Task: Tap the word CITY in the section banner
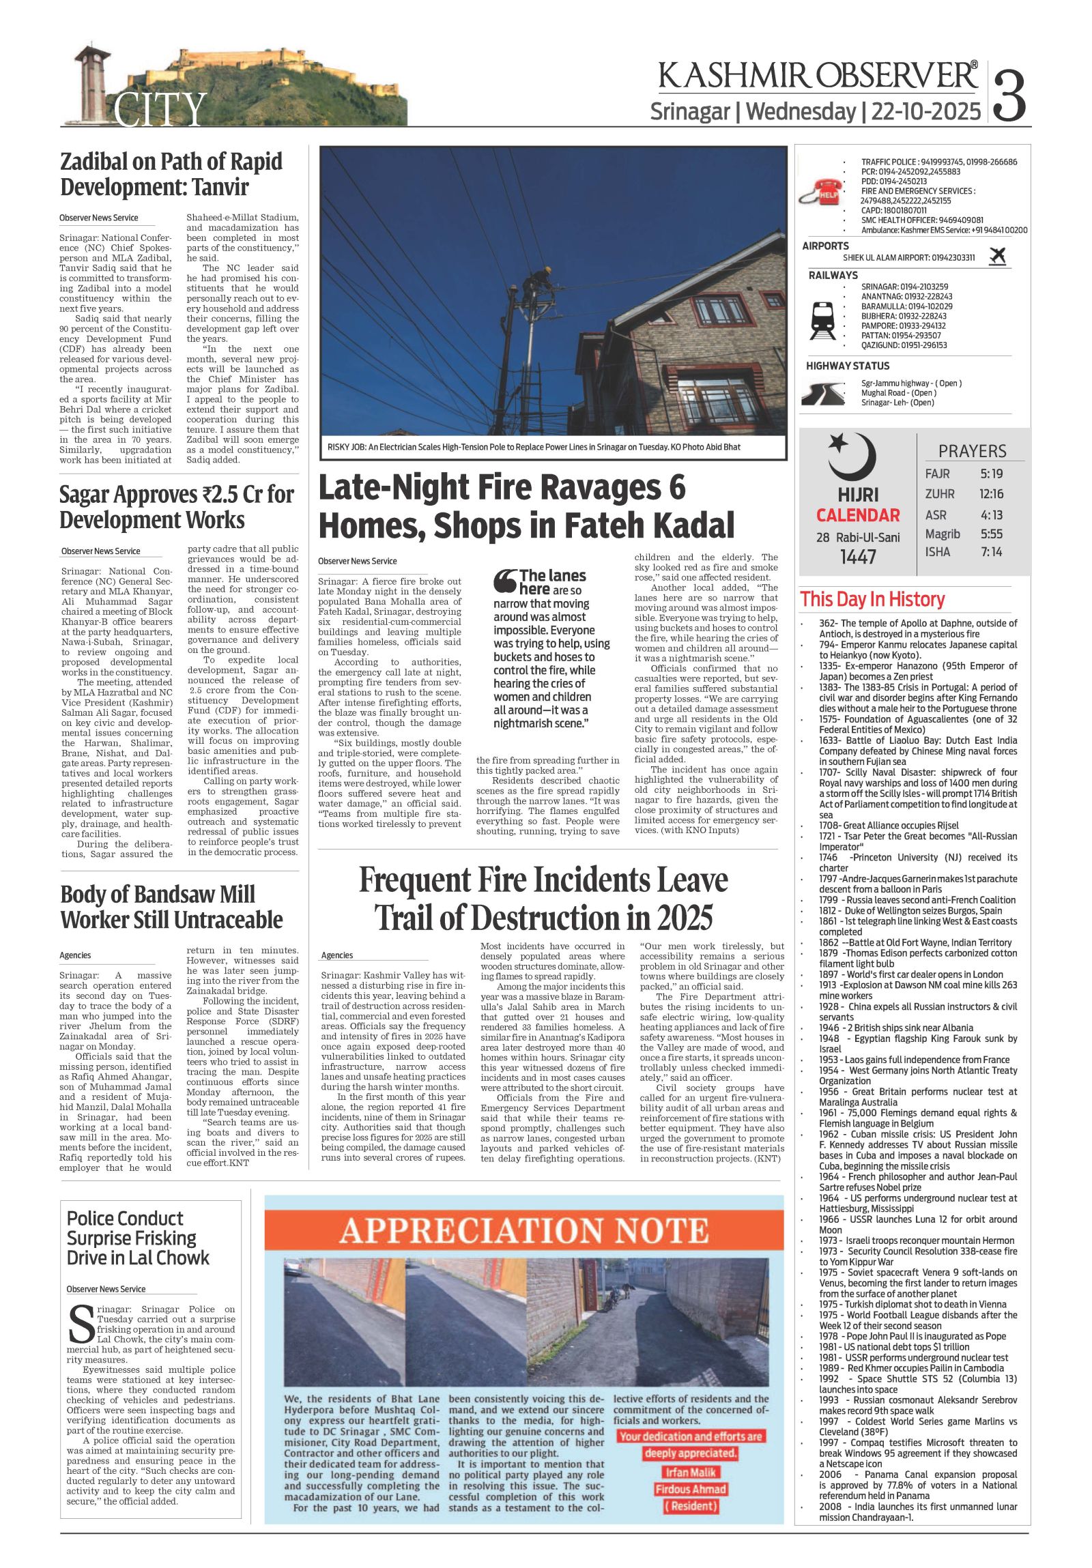[x=160, y=109]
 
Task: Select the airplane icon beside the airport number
[x=998, y=256]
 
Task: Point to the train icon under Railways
[x=822, y=320]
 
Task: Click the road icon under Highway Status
[x=822, y=394]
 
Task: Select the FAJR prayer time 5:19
[x=991, y=474]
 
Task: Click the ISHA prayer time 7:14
[x=991, y=552]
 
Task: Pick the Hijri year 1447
[x=858, y=557]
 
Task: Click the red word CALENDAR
[x=858, y=516]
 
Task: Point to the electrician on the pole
[x=535, y=280]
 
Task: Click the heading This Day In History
[x=872, y=600]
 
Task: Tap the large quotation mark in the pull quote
[x=504, y=581]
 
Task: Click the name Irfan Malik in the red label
[x=690, y=1472]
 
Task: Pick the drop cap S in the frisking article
[x=81, y=1324]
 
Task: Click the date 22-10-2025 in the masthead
[x=926, y=111]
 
